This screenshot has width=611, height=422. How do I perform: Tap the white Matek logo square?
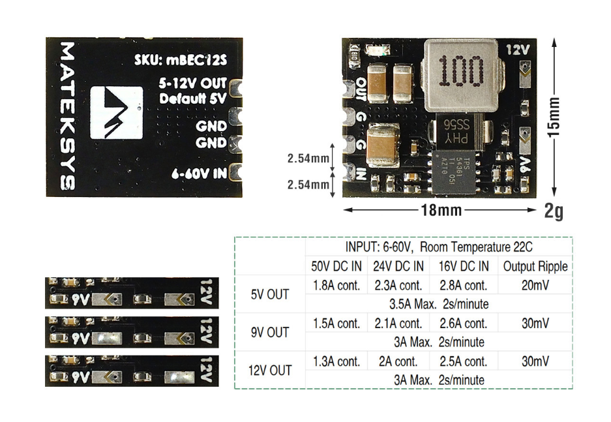tap(117, 112)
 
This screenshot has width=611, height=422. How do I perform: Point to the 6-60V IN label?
tap(198, 173)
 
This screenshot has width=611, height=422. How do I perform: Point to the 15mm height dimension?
tap(554, 117)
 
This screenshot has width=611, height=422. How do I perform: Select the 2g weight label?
tap(554, 211)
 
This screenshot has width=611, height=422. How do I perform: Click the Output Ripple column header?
tap(535, 266)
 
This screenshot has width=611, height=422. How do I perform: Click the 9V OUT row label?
tap(270, 333)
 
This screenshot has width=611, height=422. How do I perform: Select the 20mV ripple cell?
tap(535, 285)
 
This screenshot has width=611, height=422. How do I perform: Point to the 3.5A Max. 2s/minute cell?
tap(438, 304)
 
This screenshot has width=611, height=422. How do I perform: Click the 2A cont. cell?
tap(398, 361)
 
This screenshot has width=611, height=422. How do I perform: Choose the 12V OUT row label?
tap(270, 370)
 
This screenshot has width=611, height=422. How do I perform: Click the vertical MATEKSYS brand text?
tap(67, 116)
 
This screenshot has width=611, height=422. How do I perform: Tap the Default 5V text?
tap(193, 99)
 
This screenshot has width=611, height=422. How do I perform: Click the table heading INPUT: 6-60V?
tap(438, 247)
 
